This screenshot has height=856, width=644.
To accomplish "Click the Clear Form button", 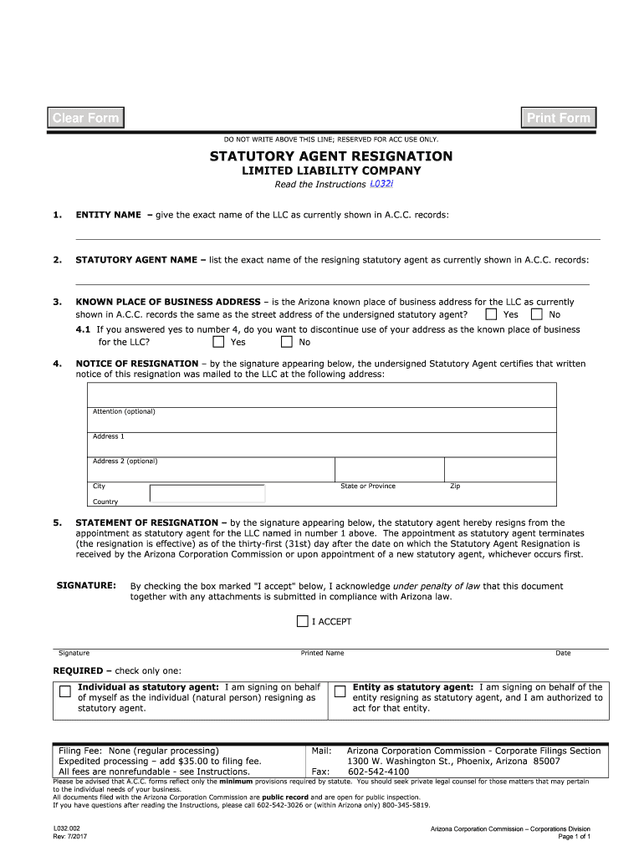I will [x=85, y=118].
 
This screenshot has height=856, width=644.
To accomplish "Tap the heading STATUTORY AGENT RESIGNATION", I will [x=331, y=156].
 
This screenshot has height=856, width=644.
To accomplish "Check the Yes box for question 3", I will [x=491, y=314].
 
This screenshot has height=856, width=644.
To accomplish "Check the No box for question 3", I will [x=537, y=314].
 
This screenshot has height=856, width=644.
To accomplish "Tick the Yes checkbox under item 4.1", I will [x=218, y=342].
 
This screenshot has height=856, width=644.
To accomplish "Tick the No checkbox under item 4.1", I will [x=286, y=342].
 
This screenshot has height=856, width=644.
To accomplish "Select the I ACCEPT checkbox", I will [x=303, y=621].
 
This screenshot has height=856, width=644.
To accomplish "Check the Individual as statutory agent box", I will [x=64, y=691].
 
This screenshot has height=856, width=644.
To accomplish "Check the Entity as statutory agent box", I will [x=340, y=691].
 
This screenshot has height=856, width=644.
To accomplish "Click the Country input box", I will [x=207, y=494].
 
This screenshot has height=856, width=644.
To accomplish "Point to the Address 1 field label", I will [x=108, y=436].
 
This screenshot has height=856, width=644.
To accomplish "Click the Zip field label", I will [x=455, y=486].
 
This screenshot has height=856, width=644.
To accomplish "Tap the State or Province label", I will [x=368, y=486].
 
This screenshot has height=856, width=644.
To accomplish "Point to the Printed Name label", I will [x=322, y=653].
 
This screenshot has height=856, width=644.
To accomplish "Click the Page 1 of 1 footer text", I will [x=574, y=836].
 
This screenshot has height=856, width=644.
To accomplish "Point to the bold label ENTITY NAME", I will [x=108, y=216].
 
